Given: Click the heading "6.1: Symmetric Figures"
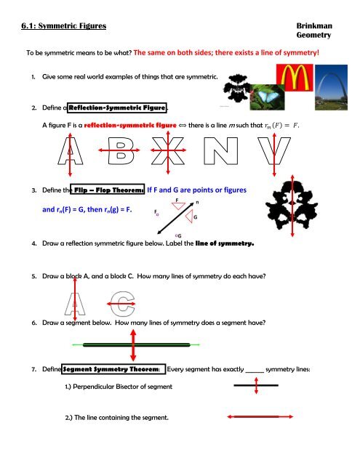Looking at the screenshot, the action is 63,26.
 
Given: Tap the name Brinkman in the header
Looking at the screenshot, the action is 314,25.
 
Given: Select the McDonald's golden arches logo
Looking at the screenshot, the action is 295,78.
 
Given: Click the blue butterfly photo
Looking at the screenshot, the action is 267,97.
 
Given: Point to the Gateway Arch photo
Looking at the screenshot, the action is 331,87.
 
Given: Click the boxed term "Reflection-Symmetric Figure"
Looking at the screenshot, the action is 117,108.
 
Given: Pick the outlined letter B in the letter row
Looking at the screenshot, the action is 121,150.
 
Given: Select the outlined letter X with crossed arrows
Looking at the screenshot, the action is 168,150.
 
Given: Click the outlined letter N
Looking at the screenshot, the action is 221,150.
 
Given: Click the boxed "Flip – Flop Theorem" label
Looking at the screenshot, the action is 108,190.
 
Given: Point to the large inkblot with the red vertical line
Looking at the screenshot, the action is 291,206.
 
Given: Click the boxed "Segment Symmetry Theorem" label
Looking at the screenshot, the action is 113,369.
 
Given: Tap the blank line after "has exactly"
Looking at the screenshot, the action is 255,371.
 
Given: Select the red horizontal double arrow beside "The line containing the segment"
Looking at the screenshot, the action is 260,416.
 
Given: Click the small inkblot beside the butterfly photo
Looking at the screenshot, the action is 237,88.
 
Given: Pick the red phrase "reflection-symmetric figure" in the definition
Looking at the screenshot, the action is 130,125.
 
